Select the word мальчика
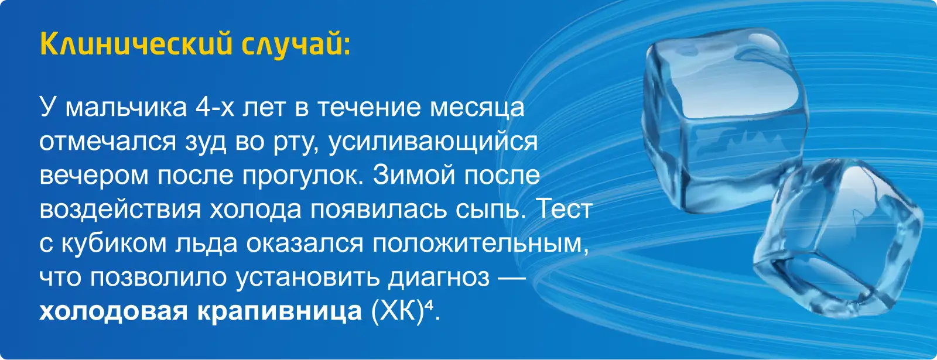coord(126,108)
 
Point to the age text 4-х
coord(214,107)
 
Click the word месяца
coord(477,108)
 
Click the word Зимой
coord(413,175)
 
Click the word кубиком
coord(114,242)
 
